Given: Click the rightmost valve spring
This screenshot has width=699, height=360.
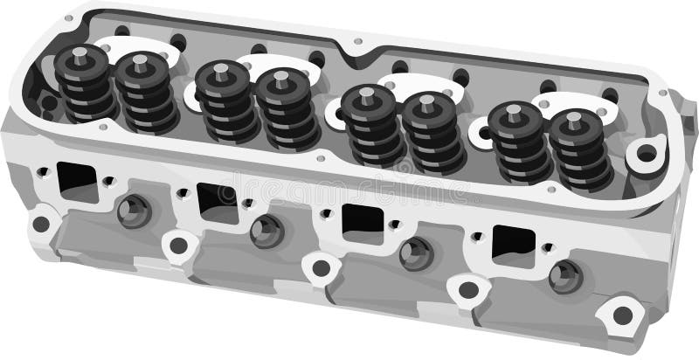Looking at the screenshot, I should pyautogui.click(x=577, y=150).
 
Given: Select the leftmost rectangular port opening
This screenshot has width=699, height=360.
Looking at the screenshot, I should pyautogui.click(x=77, y=181).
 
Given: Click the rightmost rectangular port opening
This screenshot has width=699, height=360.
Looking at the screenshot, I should pyautogui.click(x=512, y=244).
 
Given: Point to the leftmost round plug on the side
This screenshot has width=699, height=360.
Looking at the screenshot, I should pyautogui.click(x=134, y=211).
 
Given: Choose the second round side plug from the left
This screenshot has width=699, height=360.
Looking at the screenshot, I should pyautogui.click(x=266, y=231).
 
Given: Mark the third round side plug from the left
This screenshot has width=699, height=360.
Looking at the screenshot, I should pyautogui.click(x=416, y=253).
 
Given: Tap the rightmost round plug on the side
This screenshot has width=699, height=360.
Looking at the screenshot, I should pyautogui.click(x=565, y=275).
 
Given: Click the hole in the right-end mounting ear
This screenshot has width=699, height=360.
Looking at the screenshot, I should pyautogui.click(x=647, y=155).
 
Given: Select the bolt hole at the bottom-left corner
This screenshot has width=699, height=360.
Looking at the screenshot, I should pyautogui.click(x=40, y=224).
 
